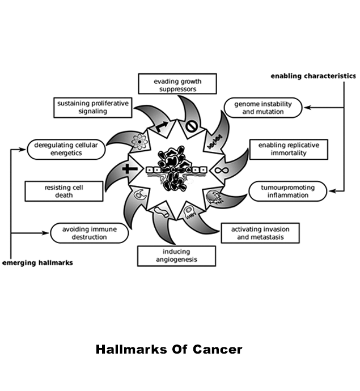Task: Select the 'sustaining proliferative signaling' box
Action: tap(93, 108)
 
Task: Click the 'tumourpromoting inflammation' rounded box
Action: tap(289, 191)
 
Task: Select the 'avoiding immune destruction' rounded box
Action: tap(88, 233)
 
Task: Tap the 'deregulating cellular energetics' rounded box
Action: tap(66, 150)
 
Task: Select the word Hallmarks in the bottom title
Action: tap(130, 349)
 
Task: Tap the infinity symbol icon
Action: tap(217, 169)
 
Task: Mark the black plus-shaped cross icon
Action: tap(130, 169)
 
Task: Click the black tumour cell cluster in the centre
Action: tap(175, 169)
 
